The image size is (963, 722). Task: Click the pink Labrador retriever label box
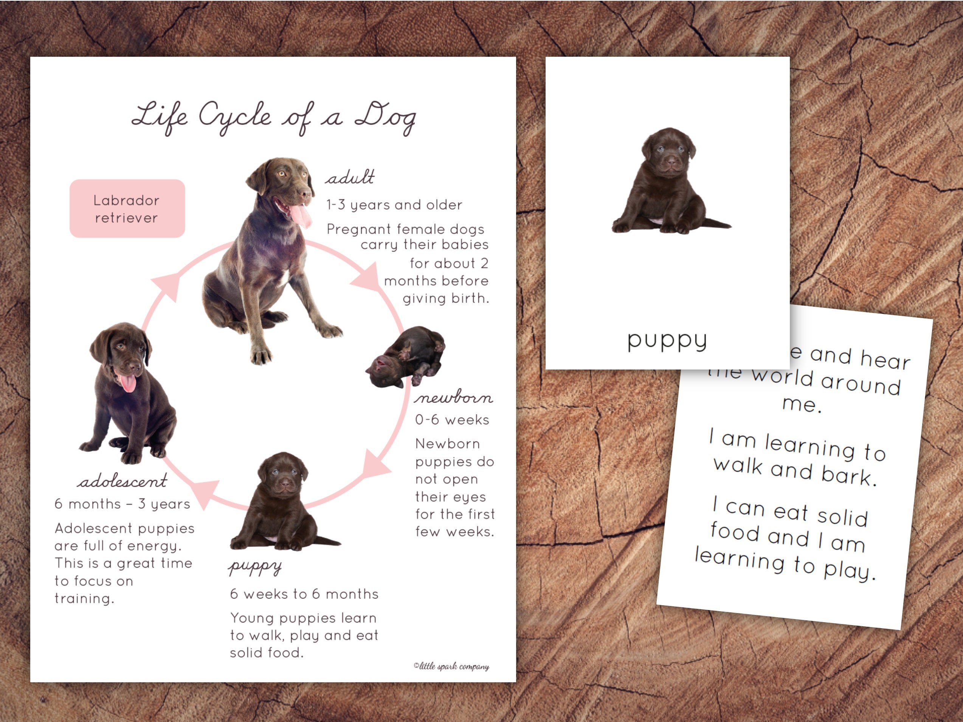coord(127,209)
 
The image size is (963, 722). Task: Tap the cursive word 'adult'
coord(350,177)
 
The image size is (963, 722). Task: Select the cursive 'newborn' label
coord(453,397)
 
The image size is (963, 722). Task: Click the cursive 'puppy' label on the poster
coord(255,567)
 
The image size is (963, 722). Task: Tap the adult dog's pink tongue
coord(300,216)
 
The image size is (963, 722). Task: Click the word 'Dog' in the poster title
coord(386,118)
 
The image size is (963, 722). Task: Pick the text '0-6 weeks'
coord(452,420)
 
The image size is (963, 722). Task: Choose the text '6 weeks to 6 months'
coord(304,594)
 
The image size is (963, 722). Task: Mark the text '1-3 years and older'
coord(394,205)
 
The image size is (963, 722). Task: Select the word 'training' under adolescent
coord(84,599)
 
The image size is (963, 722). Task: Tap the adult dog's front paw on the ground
coord(261,357)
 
